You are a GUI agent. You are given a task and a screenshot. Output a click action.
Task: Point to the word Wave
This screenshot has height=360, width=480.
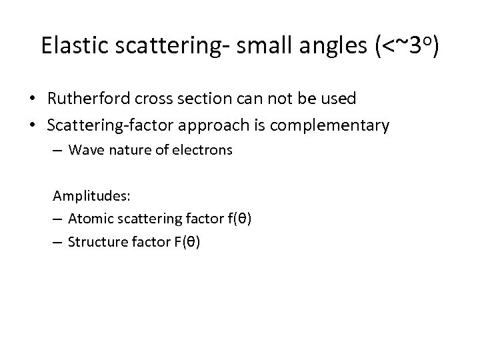click(83, 150)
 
